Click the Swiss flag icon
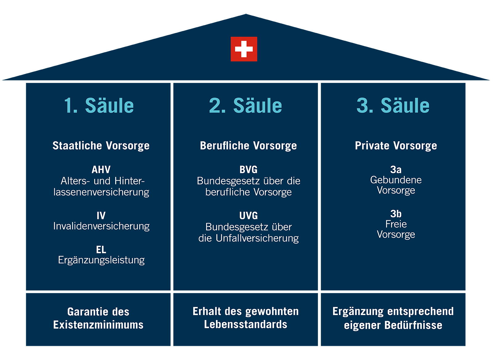244,49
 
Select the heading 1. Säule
99,106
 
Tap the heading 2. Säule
245,106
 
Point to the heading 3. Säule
393,106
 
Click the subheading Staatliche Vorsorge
101,146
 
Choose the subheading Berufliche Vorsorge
248,146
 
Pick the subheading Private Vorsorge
396,146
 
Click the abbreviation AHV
101,169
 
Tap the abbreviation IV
101,216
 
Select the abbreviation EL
101,249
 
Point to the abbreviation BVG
248,169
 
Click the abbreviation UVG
248,216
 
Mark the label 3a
396,169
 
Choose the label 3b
396,214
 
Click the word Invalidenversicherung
101,226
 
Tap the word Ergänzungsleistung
101,260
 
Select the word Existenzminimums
98,325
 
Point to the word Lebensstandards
246,324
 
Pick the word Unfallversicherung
257,238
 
